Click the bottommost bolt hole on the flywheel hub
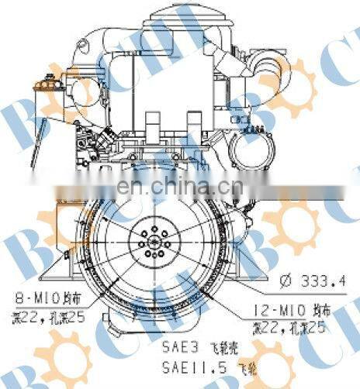pos(154,255)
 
